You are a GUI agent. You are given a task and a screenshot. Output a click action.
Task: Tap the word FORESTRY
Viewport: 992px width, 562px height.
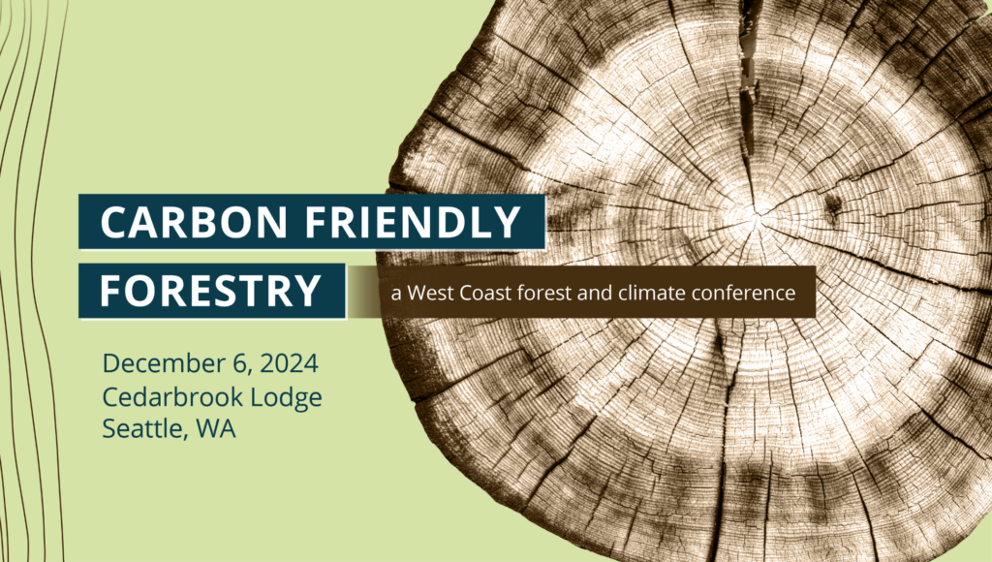210,290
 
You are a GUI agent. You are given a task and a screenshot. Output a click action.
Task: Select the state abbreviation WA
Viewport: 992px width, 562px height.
214,428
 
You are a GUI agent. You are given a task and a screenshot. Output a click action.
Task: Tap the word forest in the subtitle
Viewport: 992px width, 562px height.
543,292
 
